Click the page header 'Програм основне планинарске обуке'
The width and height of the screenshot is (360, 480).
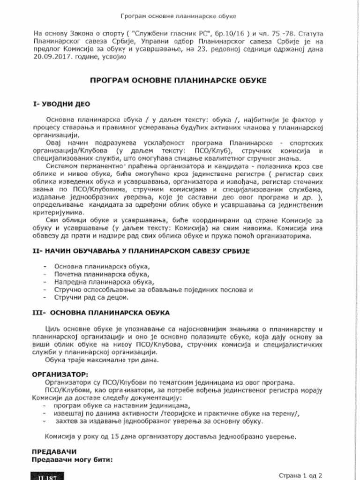click(178, 16)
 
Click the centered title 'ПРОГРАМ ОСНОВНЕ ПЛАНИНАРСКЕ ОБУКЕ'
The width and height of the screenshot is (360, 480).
click(178, 81)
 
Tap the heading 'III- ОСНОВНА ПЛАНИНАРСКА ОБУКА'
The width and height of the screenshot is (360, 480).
click(101, 312)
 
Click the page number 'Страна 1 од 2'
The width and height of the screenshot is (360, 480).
click(300, 474)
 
